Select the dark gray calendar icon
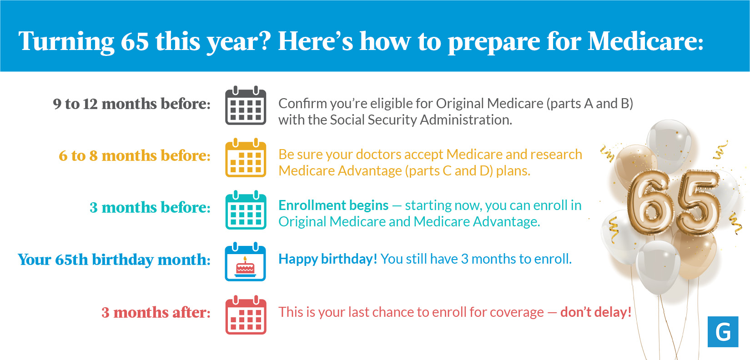(x=246, y=105)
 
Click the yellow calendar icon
(x=246, y=158)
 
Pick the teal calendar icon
(x=246, y=210)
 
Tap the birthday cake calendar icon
(x=246, y=262)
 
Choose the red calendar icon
(x=246, y=315)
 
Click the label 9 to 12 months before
(x=132, y=104)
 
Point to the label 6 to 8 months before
(x=135, y=155)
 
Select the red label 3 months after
(x=156, y=312)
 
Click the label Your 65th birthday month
(x=114, y=260)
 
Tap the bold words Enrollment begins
(x=333, y=205)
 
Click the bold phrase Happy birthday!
(x=327, y=259)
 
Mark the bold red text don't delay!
(x=596, y=312)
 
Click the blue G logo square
(x=723, y=332)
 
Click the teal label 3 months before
(x=150, y=207)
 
